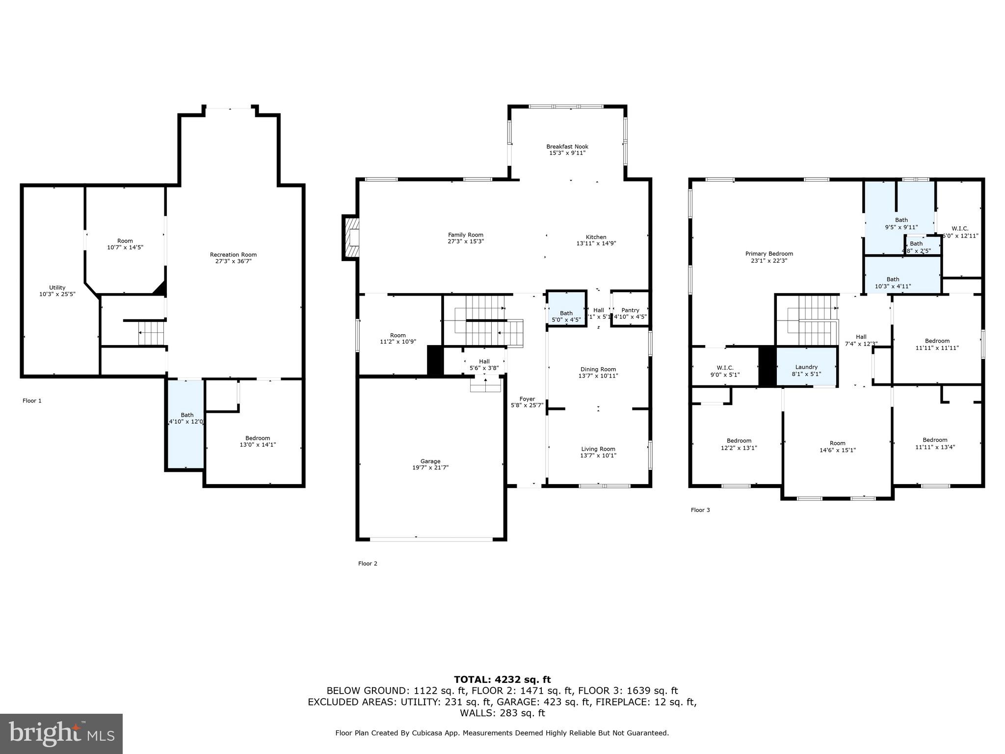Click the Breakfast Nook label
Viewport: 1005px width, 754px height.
[x=567, y=147]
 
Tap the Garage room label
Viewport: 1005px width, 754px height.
[x=430, y=461]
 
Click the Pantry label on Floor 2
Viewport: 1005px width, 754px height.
[x=630, y=310]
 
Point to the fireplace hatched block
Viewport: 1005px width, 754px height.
[x=351, y=238]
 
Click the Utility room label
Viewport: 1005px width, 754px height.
[x=57, y=288]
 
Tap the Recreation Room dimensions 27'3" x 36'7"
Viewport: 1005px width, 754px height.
[x=233, y=261]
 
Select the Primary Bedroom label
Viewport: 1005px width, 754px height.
[x=769, y=254]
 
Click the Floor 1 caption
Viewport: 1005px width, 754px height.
[x=32, y=401]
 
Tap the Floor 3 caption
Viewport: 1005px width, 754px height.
[x=700, y=510]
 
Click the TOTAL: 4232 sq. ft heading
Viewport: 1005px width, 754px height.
[x=502, y=679]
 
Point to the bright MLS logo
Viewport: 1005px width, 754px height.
[x=61, y=733]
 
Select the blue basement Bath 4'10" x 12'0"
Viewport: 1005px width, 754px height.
[x=186, y=422]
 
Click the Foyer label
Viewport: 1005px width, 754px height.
[x=527, y=399]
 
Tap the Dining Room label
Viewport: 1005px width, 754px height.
[x=598, y=369]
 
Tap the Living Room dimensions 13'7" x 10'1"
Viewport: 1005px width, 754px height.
[x=598, y=456]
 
